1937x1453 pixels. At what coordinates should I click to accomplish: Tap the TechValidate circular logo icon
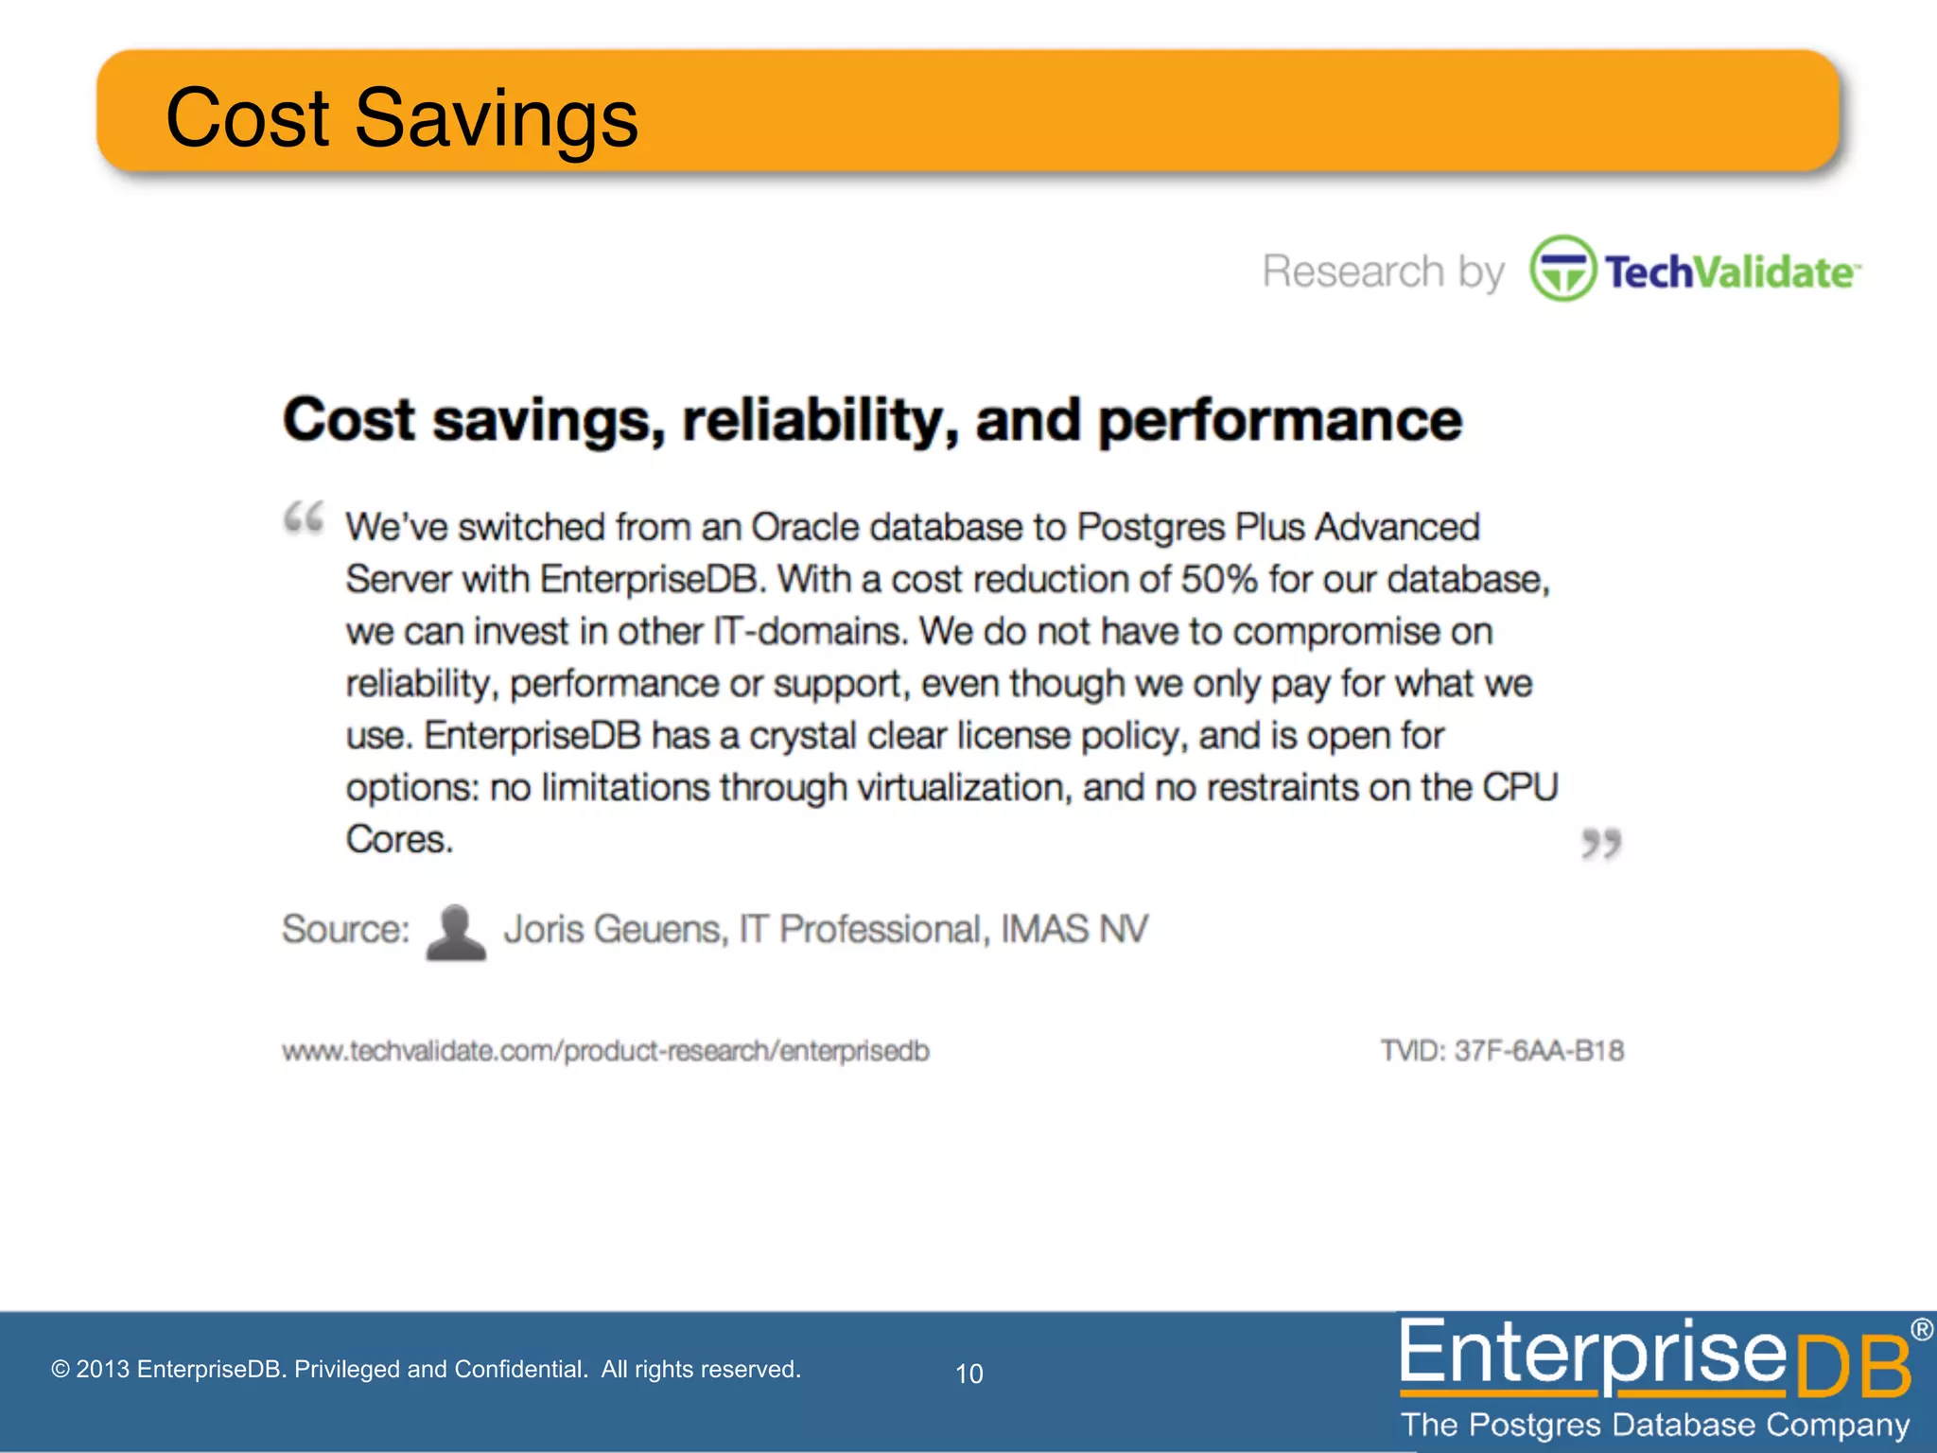(x=1562, y=269)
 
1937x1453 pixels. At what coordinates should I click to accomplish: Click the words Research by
(x=1383, y=272)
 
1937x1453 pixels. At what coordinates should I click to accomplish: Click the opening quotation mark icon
(x=304, y=518)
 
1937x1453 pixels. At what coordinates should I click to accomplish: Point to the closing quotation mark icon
(x=1601, y=843)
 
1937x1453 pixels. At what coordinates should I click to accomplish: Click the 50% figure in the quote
(x=1219, y=579)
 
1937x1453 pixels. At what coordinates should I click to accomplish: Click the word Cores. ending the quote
(x=399, y=839)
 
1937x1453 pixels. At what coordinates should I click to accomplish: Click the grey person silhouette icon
(x=456, y=933)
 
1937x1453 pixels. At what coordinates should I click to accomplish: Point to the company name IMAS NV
(x=1074, y=929)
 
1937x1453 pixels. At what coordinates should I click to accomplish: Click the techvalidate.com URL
(x=605, y=1051)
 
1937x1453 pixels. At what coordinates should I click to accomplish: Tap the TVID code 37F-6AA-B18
(x=1539, y=1051)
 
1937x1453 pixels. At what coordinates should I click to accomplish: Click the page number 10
(x=968, y=1374)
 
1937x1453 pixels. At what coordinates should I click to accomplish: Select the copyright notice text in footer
(x=426, y=1369)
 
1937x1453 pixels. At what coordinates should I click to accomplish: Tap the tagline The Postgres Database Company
(x=1655, y=1425)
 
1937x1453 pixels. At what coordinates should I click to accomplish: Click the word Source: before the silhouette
(x=345, y=929)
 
